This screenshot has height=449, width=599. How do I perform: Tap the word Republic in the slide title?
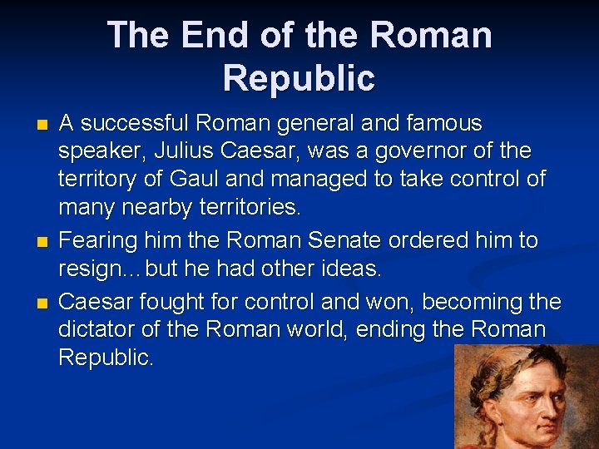[299, 78]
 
